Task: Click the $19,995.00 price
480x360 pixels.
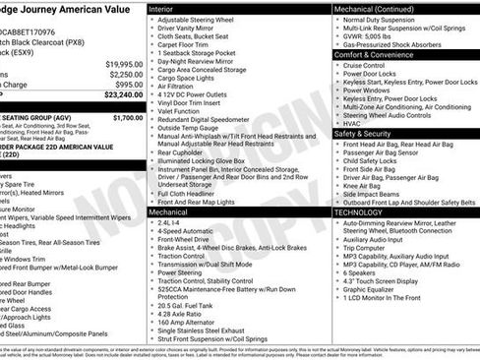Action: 123,63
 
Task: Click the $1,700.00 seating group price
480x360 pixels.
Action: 128,117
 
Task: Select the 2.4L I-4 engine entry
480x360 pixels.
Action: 174,223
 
